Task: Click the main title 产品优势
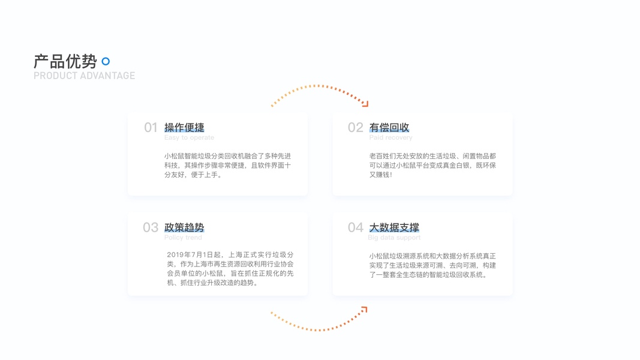pos(65,61)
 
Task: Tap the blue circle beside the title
pos(106,61)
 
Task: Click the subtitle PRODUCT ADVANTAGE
pos(84,76)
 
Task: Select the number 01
pos(151,127)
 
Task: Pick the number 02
pos(355,127)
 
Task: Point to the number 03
pos(150,227)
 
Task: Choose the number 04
pos(355,227)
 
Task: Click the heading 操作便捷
pos(184,127)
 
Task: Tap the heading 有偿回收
pos(389,127)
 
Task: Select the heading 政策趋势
pos(184,227)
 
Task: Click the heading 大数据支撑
pos(394,227)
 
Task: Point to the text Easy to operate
pos(189,137)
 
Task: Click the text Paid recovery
pos(390,137)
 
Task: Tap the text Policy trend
pos(183,238)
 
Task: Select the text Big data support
pos(394,238)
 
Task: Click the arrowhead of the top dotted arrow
pos(365,104)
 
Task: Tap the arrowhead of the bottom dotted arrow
pos(363,310)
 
